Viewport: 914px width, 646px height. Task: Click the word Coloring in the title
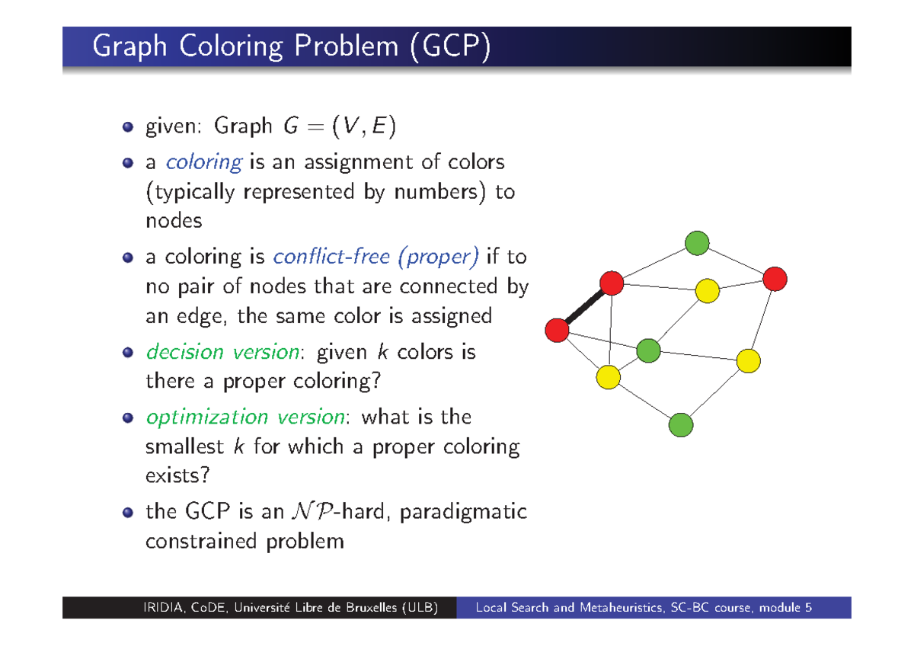[x=231, y=46]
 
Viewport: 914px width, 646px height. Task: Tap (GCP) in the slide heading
[x=450, y=46]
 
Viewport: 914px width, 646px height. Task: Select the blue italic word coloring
[x=204, y=163]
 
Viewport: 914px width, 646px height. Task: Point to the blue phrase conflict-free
[x=331, y=257]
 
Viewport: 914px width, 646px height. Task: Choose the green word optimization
[x=207, y=417]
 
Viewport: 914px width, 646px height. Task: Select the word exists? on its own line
[x=177, y=475]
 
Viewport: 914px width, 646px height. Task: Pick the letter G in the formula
[x=291, y=126]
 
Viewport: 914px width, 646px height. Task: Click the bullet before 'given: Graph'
[x=128, y=126]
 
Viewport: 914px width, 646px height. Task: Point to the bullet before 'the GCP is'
[x=128, y=513]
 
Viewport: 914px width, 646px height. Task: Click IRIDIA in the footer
[x=163, y=608]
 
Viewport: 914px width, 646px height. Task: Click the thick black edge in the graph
[x=584, y=306]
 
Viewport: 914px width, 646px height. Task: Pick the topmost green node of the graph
[x=697, y=243]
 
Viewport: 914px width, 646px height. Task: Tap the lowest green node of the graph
[x=681, y=425]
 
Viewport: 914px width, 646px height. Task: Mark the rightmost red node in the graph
[x=775, y=279]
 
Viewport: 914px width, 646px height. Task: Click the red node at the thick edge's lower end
[x=557, y=330]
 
